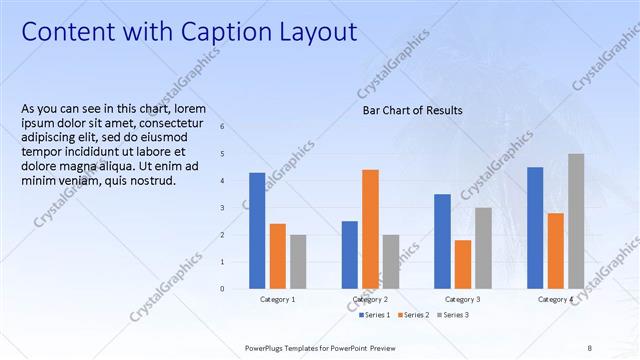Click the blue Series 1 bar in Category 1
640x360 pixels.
coord(257,231)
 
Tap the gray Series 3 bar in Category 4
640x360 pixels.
coord(576,221)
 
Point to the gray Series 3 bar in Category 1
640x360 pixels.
coord(298,262)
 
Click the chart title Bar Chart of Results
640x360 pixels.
coord(412,111)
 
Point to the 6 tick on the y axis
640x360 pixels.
coord(236,127)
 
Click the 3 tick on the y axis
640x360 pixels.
coord(236,208)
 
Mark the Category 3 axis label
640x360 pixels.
coord(463,299)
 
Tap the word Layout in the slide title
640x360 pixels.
coord(315,33)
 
